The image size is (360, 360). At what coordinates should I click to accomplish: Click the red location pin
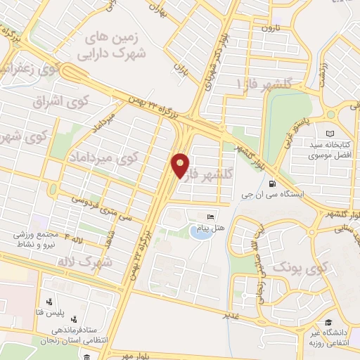coord(181,165)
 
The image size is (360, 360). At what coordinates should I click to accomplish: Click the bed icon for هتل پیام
coord(210,216)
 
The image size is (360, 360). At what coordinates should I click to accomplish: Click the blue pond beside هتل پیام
coord(200,232)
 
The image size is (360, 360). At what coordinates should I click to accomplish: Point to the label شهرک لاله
coord(98,262)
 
